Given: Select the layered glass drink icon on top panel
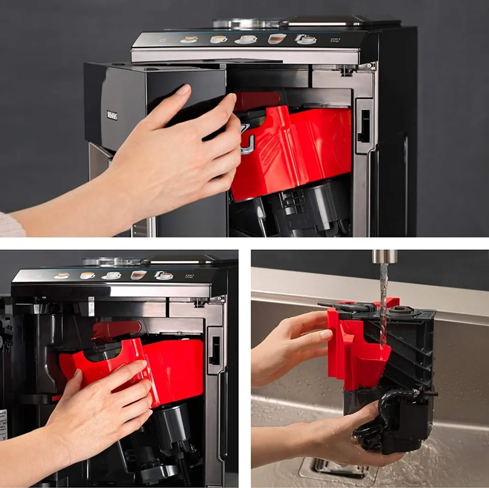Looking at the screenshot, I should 276,39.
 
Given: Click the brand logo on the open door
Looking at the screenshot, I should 112,115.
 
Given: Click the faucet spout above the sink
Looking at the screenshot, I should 385,256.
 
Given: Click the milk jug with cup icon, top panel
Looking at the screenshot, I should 306,39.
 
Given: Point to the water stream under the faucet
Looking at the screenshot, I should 383,301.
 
